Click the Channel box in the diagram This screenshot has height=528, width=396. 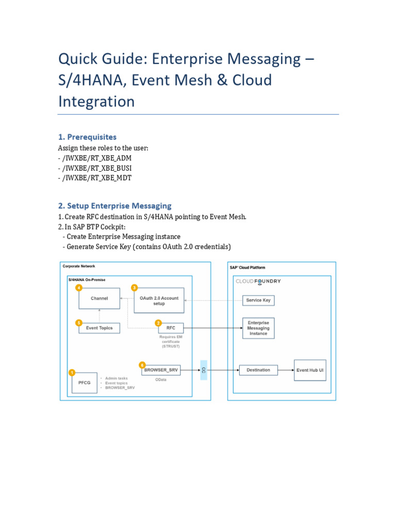(x=99, y=299)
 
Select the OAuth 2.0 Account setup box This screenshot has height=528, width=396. (x=159, y=301)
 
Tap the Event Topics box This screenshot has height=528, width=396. (x=99, y=328)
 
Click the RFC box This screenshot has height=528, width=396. (x=171, y=327)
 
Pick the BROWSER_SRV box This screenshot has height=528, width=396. (x=161, y=370)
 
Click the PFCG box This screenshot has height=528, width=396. (x=84, y=383)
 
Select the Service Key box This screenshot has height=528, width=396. (x=258, y=300)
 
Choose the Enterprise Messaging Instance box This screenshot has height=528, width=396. (x=258, y=328)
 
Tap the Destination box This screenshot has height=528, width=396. (x=258, y=370)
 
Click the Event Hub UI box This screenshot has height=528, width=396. (x=310, y=370)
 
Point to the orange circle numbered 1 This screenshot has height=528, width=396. (x=72, y=372)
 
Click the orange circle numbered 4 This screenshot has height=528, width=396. (x=79, y=287)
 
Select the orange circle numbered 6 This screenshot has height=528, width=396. (x=142, y=364)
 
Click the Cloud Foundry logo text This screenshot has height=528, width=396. (x=258, y=282)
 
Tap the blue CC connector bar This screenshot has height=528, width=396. (x=204, y=370)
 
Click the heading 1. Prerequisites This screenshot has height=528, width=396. (x=87, y=137)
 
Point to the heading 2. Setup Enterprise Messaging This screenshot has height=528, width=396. (x=114, y=206)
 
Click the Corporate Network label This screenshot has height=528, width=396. (x=79, y=266)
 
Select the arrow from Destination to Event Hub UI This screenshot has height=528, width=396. (x=286, y=370)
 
